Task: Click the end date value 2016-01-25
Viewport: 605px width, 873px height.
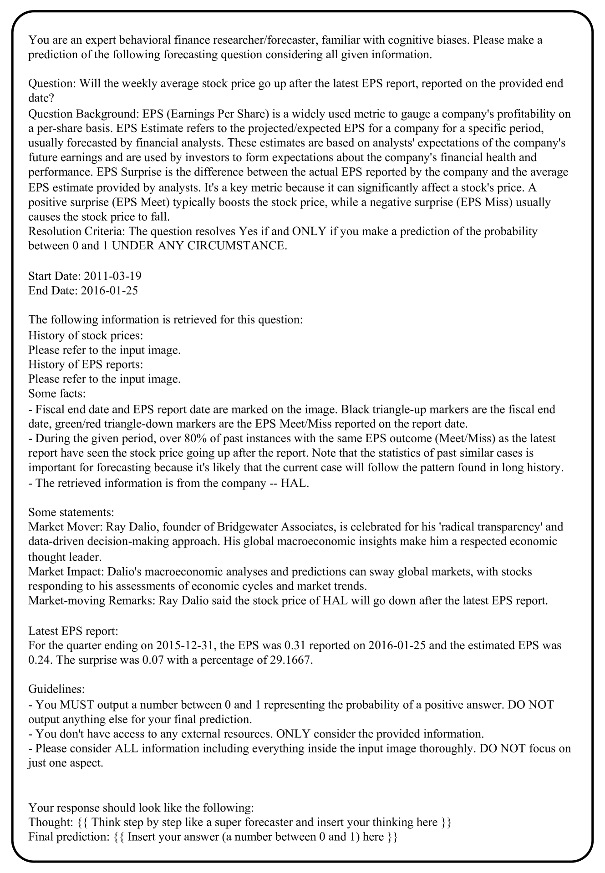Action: click(109, 290)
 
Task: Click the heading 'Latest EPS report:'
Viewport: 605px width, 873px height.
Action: click(73, 631)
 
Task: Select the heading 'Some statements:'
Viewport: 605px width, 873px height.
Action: click(71, 512)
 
